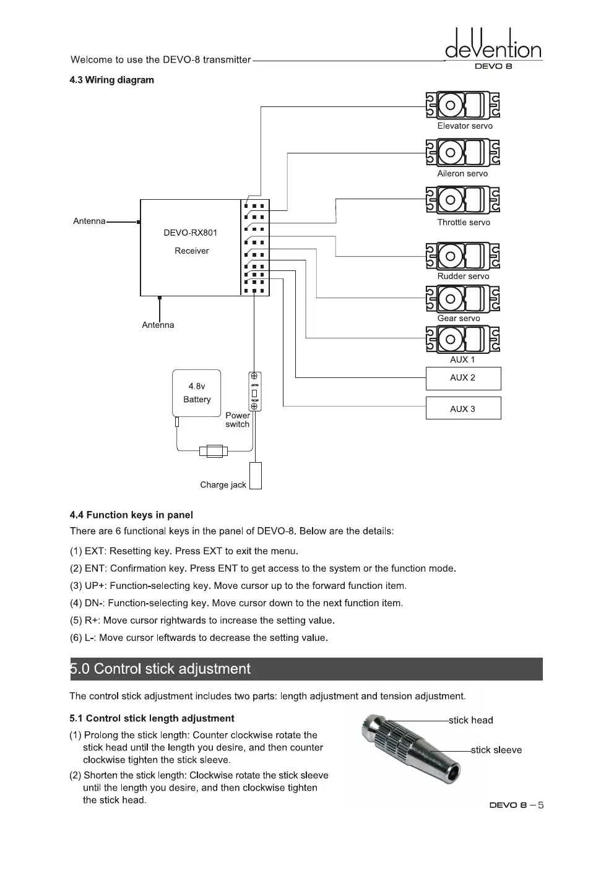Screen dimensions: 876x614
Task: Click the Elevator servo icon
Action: tap(462, 105)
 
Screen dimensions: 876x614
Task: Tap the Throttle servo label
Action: tap(463, 223)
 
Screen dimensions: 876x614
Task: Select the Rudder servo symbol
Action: tap(462, 255)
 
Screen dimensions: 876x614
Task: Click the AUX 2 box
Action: tap(463, 378)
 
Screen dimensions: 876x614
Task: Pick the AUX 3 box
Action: tap(463, 408)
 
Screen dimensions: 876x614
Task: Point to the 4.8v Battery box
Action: tap(197, 393)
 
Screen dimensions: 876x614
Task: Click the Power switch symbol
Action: tap(254, 391)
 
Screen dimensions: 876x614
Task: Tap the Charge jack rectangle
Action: tap(255, 476)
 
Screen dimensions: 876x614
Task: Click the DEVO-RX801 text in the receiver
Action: tap(190, 233)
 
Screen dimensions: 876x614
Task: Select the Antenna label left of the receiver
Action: tap(89, 221)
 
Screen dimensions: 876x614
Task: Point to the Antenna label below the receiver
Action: tap(158, 325)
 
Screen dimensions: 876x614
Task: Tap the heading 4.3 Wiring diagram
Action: tap(111, 80)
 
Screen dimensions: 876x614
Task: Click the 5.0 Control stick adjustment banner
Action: tap(306, 669)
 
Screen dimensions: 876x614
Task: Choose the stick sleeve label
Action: tap(496, 750)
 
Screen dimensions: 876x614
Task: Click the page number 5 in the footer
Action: tap(540, 805)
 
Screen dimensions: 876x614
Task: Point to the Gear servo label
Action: tap(458, 319)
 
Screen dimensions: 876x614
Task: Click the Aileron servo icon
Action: tap(462, 153)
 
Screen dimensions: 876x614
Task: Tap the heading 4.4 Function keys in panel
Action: tap(131, 515)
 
